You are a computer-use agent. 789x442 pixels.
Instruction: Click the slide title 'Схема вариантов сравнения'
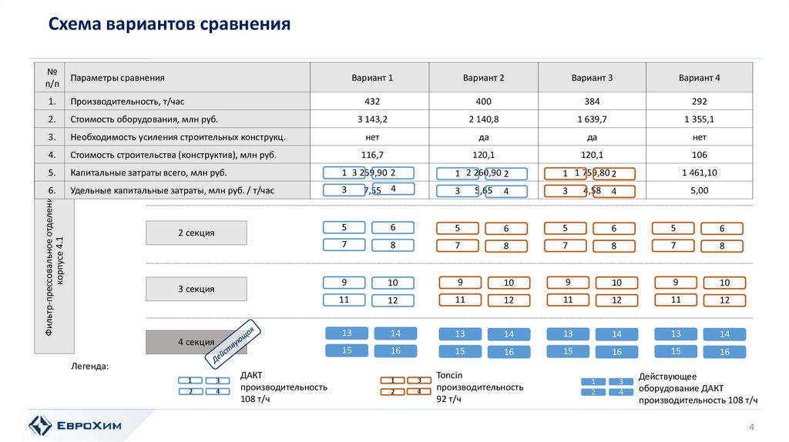(170, 25)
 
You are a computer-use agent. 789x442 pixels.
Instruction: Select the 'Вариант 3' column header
(592, 78)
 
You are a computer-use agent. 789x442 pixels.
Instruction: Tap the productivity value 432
(370, 102)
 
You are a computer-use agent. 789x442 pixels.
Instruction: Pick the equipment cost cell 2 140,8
(484, 119)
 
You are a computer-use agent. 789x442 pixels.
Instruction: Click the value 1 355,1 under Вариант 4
(700, 119)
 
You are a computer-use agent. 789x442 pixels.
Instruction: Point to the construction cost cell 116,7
(370, 155)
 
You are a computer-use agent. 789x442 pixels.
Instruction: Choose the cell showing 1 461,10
(700, 172)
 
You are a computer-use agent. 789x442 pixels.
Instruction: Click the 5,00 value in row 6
(700, 190)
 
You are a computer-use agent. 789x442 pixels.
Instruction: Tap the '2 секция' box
(196, 233)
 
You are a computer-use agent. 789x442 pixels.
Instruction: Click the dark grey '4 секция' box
(196, 341)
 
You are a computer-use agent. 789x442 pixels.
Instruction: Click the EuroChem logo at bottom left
(73, 424)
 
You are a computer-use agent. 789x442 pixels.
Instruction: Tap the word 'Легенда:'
(90, 366)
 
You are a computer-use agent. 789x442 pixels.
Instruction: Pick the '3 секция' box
(196, 289)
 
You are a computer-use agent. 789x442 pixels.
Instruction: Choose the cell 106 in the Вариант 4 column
(700, 155)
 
